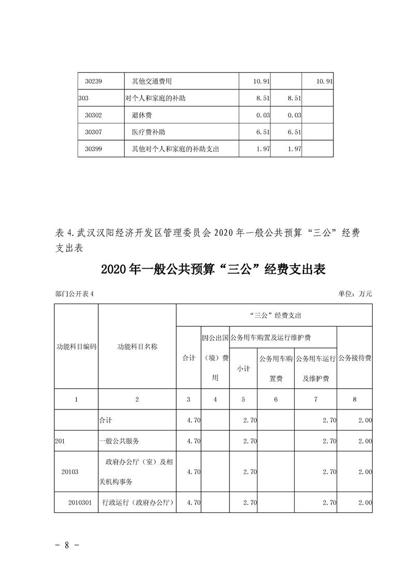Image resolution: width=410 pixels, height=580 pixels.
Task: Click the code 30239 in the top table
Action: tap(95, 82)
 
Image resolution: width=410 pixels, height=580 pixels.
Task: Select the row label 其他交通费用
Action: tap(151, 82)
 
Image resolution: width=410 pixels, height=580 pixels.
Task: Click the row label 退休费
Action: tap(142, 115)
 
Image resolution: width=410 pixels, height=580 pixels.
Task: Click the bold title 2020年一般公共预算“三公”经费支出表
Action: tap(213, 269)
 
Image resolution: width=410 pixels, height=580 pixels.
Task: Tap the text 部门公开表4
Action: tap(74, 294)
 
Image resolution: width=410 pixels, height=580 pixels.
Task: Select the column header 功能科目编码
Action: tap(76, 346)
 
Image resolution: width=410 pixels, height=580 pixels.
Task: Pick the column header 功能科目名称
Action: tap(137, 346)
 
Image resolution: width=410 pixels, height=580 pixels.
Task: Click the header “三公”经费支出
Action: tap(275, 315)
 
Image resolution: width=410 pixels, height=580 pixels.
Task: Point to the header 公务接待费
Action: tap(355, 358)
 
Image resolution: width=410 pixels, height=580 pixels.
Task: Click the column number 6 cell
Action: tap(276, 400)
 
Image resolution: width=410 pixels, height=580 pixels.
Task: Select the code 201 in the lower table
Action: tap(60, 441)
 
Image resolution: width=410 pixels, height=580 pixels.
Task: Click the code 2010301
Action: tap(80, 502)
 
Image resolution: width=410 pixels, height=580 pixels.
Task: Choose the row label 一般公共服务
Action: tap(119, 441)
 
